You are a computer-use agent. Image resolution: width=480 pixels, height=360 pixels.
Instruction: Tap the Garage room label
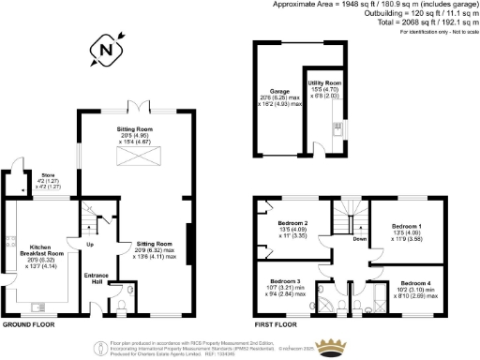tap(276, 92)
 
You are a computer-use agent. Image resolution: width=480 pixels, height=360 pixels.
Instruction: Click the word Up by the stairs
tap(90, 245)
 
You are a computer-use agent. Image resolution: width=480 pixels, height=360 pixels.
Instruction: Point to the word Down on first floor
tap(360, 239)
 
